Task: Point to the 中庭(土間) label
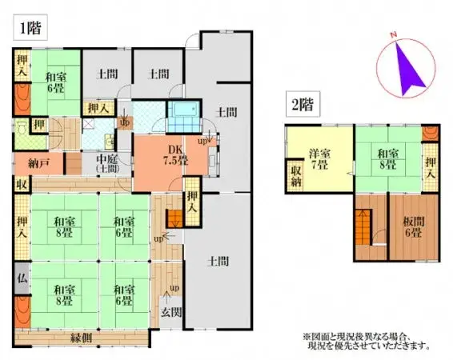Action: coord(107,165)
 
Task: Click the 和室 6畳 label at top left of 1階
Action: coord(56,82)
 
